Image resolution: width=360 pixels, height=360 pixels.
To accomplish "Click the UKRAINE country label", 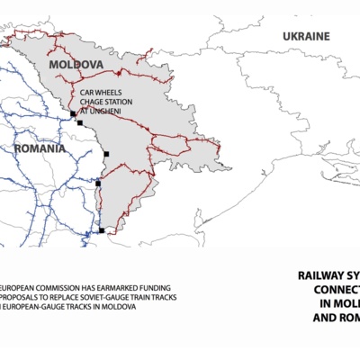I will [x=306, y=36].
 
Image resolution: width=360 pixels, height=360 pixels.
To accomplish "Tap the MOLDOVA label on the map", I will [x=76, y=66].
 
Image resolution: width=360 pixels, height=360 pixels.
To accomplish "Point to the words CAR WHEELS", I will [x=99, y=93].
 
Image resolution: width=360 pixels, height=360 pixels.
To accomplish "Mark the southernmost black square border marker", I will [x=102, y=231].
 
